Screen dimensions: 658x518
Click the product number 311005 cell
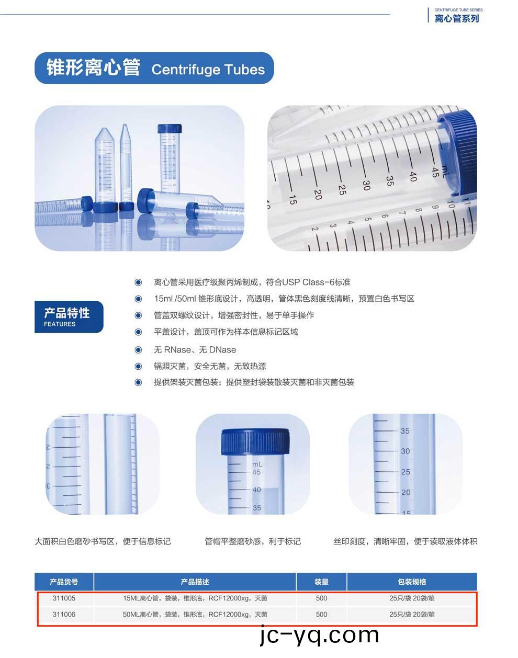coord(64,598)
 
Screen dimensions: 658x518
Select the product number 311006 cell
coord(64,614)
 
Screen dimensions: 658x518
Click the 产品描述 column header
coord(195,582)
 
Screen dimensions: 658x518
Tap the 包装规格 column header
coord(412,582)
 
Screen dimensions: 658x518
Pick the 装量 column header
coord(321,582)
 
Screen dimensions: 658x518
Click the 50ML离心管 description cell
coord(195,614)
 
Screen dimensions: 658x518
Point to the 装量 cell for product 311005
coord(321,598)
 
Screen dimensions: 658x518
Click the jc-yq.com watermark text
coord(319,636)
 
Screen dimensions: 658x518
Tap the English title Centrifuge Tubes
coord(208,70)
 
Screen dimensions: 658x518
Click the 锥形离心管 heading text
coord(93,68)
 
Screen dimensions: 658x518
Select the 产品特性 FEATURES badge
coord(69,316)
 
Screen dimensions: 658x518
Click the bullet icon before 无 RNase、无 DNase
coord(138,349)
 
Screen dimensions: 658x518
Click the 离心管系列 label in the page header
coord(456,18)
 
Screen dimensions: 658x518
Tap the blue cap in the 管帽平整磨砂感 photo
coord(255,441)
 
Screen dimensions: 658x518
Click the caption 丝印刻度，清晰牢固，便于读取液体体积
coord(406,541)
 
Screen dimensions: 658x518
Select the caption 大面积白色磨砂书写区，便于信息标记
coord(103,541)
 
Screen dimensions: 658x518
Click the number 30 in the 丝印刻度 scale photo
coord(405,451)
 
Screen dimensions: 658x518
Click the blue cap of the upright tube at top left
coord(171,129)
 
